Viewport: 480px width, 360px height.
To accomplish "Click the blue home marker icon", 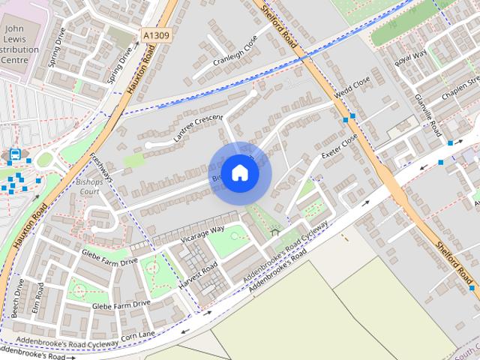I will click(x=239, y=172).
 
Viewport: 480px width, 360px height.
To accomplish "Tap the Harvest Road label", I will click(x=199, y=275).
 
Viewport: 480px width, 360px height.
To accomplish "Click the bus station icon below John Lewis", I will click(x=14, y=155).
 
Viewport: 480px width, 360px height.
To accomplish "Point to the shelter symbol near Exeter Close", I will click(x=274, y=232).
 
